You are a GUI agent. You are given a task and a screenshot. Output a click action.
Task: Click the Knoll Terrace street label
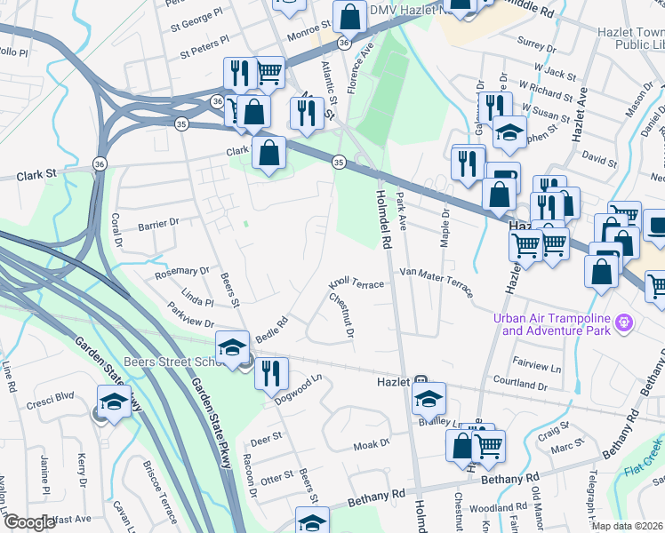tap(356, 283)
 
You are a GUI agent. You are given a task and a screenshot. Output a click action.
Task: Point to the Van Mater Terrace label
tap(437, 282)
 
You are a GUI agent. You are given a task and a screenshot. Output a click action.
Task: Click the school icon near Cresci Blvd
tap(114, 402)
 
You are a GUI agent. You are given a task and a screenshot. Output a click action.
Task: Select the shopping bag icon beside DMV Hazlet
tap(350, 16)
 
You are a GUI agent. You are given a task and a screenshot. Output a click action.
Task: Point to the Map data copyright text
tap(627, 526)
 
